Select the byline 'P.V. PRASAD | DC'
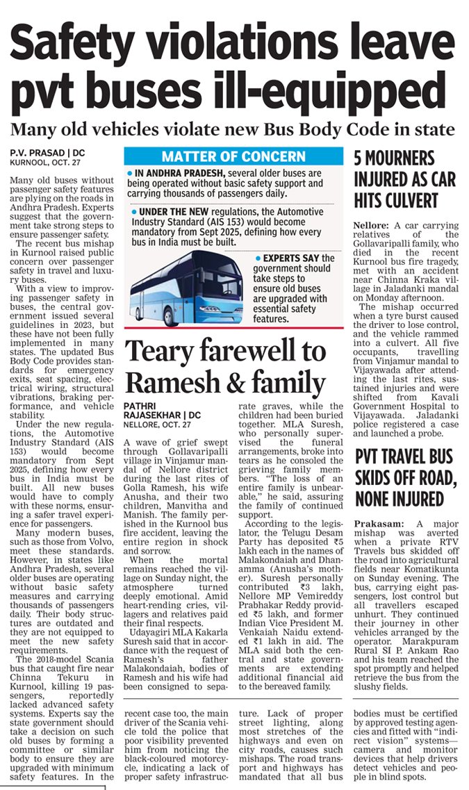[47, 151]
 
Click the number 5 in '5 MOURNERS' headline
[359, 159]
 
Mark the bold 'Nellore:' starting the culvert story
[372, 226]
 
